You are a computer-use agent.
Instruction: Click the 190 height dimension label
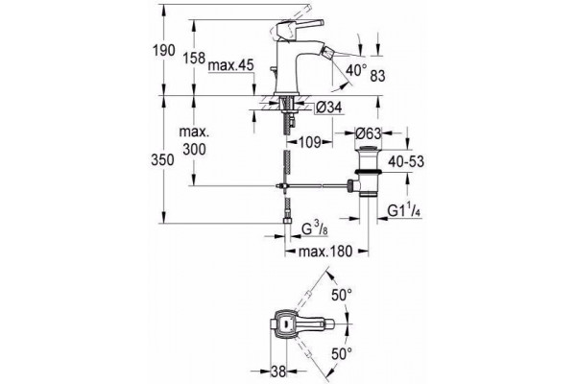(164, 51)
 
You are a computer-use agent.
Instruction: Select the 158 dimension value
(194, 58)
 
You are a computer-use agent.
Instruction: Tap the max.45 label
(230, 66)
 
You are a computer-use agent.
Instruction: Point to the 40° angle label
(356, 70)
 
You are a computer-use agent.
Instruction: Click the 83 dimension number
(377, 76)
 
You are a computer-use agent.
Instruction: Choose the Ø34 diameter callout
(328, 108)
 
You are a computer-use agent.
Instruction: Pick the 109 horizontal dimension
(310, 142)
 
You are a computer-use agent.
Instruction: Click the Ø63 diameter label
(369, 133)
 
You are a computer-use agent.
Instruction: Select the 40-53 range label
(406, 161)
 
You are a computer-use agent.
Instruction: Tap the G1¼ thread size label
(404, 211)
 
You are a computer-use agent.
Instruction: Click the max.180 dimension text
(325, 252)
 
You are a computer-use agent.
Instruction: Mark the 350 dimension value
(162, 160)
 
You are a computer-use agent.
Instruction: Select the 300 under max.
(194, 150)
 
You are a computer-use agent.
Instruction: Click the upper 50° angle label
(342, 295)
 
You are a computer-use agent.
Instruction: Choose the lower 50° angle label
(342, 354)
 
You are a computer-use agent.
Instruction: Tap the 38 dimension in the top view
(278, 372)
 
